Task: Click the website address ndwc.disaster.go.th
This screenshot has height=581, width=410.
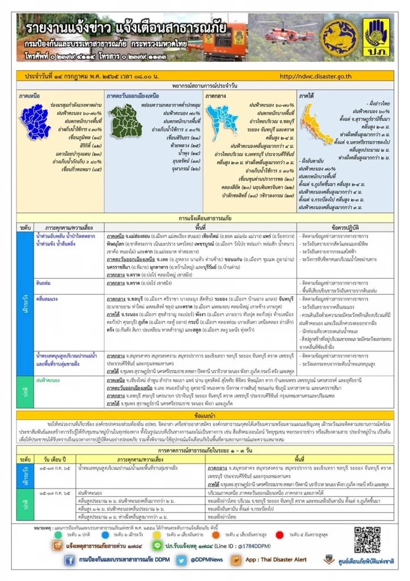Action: click(x=322, y=75)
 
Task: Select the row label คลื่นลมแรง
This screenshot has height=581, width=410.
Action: click(x=47, y=296)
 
